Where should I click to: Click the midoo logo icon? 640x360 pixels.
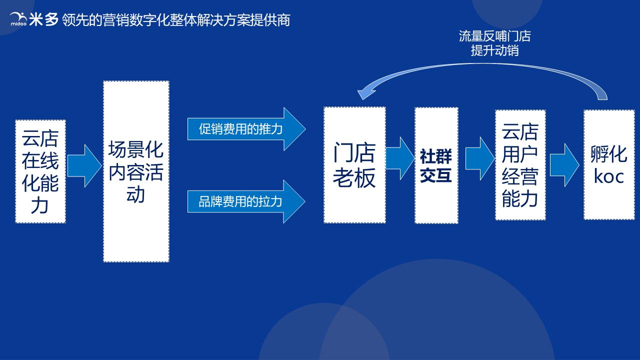(x=19, y=19)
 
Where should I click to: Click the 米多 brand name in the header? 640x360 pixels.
(x=44, y=19)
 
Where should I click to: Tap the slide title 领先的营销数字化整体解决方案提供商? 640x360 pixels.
(x=176, y=20)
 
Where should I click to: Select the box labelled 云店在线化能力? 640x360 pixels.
(x=40, y=171)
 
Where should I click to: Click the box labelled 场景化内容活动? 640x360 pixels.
(x=136, y=171)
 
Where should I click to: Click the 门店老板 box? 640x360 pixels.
(x=354, y=165)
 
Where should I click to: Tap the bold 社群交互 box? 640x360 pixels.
(x=436, y=165)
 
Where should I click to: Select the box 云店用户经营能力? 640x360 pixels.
(x=520, y=165)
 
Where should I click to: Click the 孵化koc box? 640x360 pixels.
(x=609, y=164)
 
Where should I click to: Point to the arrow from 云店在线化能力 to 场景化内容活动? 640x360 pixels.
(x=84, y=166)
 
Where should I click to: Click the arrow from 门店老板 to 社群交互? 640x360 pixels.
(x=400, y=158)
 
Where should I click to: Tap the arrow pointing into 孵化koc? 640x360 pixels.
(x=564, y=165)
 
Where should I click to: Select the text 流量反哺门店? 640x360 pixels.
(x=494, y=36)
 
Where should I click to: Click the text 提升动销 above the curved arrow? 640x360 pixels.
(x=494, y=50)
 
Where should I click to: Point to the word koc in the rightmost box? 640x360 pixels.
(x=609, y=176)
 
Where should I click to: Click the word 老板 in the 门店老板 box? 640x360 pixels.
(x=354, y=178)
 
